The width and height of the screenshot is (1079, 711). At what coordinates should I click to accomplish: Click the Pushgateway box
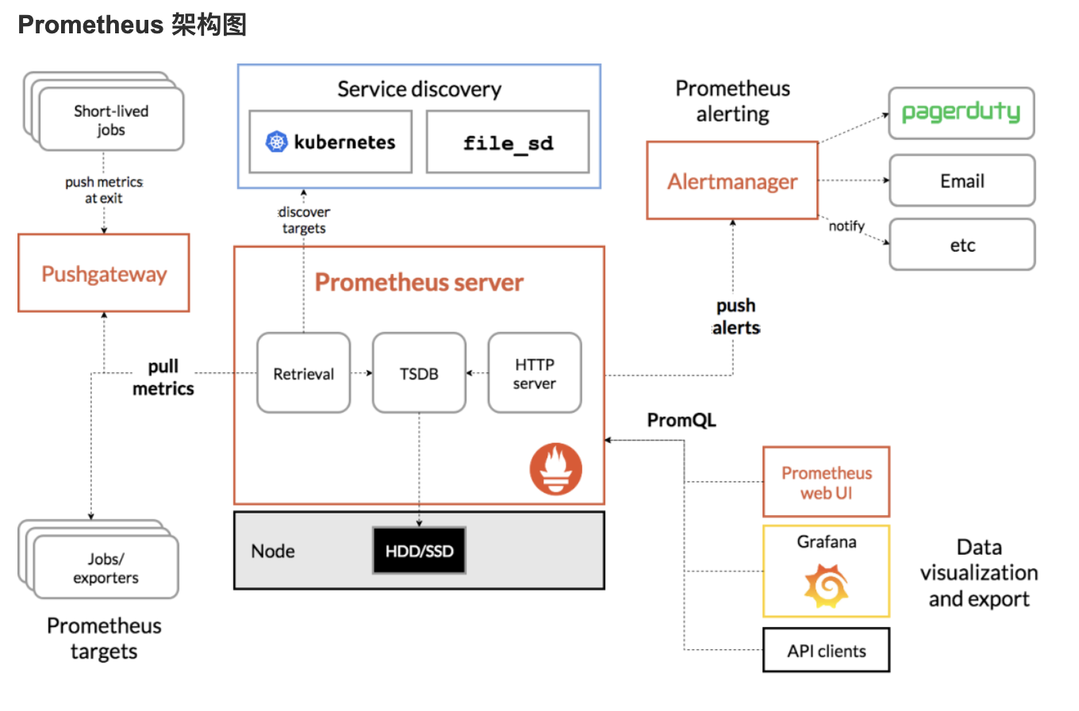[x=104, y=273]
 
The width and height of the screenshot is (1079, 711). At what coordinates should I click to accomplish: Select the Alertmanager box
[x=731, y=181]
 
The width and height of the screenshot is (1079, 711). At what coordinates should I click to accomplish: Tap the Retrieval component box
[x=304, y=373]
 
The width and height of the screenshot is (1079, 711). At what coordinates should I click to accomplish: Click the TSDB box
[x=419, y=373]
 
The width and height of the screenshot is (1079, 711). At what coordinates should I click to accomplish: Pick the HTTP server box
[x=534, y=373]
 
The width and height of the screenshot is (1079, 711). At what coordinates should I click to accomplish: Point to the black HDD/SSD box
[x=419, y=550]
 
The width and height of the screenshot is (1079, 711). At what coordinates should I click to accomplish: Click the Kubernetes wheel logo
[x=276, y=143]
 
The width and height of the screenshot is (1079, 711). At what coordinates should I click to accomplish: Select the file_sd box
[x=508, y=143]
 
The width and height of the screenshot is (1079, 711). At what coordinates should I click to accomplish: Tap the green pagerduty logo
[x=962, y=113]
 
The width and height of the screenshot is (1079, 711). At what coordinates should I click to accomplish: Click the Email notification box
[x=962, y=181]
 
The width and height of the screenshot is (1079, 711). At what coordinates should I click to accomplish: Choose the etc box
[x=962, y=245]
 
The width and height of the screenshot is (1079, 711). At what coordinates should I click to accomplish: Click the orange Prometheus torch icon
[x=555, y=469]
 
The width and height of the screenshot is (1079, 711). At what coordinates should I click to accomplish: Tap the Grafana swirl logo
[x=826, y=586]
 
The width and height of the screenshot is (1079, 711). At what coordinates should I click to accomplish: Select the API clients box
[x=826, y=651]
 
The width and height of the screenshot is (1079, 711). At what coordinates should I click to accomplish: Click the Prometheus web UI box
[x=826, y=482]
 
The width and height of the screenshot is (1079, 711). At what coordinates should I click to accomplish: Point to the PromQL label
[x=682, y=421]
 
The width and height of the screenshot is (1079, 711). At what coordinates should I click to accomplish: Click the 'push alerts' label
[x=735, y=316]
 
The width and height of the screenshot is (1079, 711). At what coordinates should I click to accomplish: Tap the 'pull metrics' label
[x=163, y=378]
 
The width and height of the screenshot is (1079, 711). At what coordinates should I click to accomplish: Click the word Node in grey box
[x=273, y=551]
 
